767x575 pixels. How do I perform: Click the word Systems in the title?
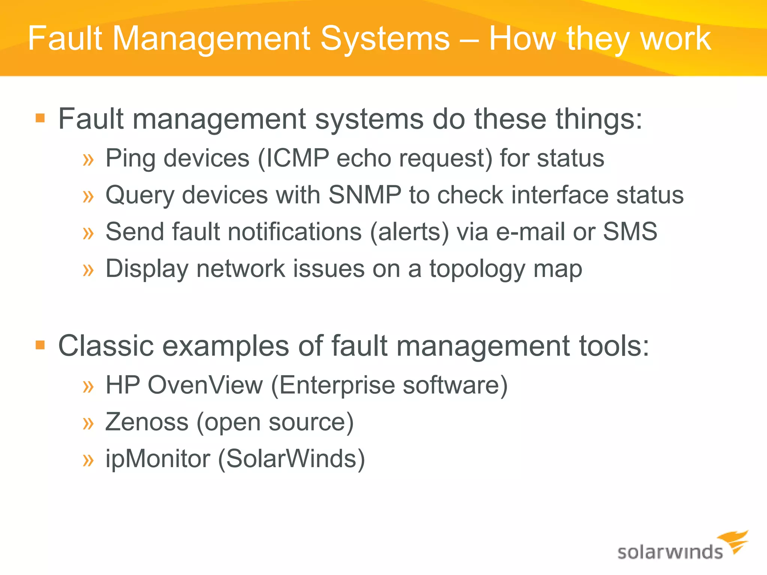(x=385, y=39)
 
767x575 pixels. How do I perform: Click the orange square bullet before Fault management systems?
(x=40, y=119)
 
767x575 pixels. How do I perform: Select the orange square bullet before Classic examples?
(x=40, y=345)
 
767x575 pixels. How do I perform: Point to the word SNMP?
(x=365, y=195)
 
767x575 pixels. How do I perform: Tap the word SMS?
(x=630, y=231)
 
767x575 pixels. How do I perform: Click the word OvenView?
(x=205, y=385)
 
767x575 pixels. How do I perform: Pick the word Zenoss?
(x=147, y=422)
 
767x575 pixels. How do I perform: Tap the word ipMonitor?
(x=158, y=459)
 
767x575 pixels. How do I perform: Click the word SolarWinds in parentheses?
(x=291, y=459)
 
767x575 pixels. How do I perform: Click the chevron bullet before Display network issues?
(x=88, y=270)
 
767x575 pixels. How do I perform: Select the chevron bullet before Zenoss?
(x=88, y=423)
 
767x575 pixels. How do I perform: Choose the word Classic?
(x=106, y=346)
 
